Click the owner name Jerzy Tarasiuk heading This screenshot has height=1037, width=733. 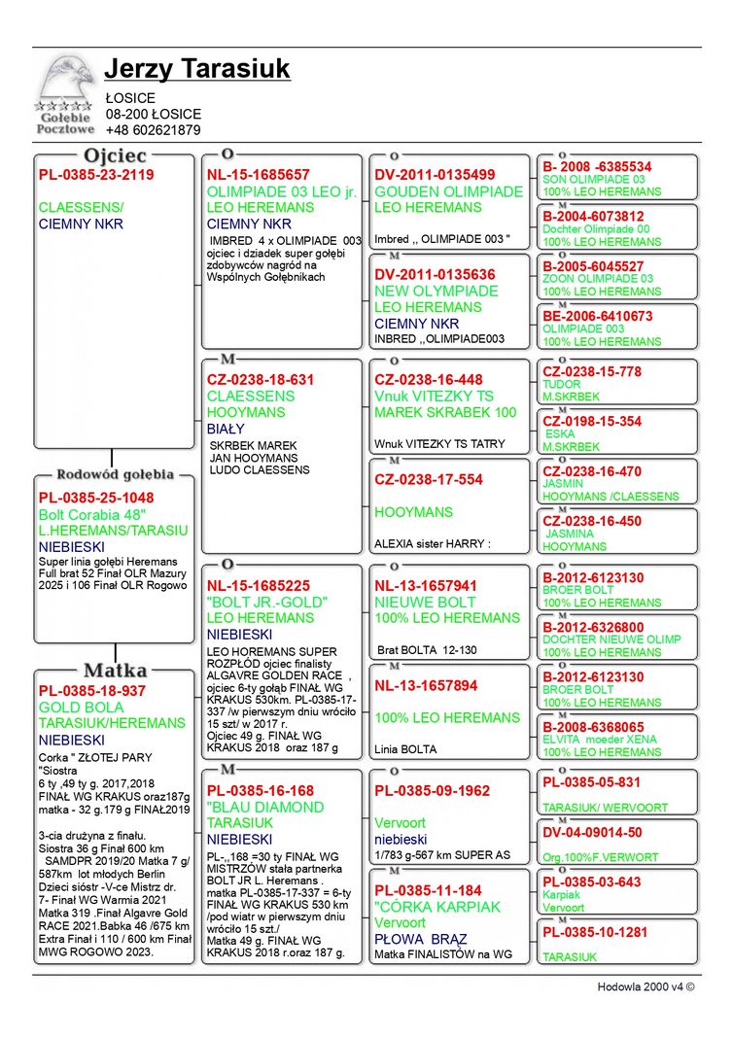pyautogui.click(x=196, y=70)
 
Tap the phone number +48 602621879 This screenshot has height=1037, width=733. pyautogui.click(x=153, y=130)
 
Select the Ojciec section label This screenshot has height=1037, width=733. pyautogui.click(x=115, y=156)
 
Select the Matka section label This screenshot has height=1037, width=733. pyautogui.click(x=115, y=671)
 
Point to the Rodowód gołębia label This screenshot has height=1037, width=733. pyautogui.click(x=115, y=474)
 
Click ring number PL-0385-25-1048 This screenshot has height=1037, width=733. pyautogui.click(x=96, y=498)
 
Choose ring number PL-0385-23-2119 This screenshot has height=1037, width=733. pyautogui.click(x=96, y=175)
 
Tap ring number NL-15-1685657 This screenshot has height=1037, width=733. pyautogui.click(x=259, y=175)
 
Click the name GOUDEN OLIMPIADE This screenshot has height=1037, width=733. pyautogui.click(x=448, y=191)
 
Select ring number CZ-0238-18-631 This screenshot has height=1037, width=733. pyautogui.click(x=261, y=380)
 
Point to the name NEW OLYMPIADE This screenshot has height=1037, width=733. pyautogui.click(x=436, y=291)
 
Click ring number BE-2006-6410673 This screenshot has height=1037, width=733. pyautogui.click(x=597, y=316)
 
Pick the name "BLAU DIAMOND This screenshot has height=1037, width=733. pyautogui.click(x=265, y=807)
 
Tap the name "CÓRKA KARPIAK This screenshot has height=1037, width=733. pyautogui.click(x=437, y=907)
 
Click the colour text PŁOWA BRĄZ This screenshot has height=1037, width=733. pyautogui.click(x=421, y=940)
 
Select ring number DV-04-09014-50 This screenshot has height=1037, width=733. pyautogui.click(x=592, y=833)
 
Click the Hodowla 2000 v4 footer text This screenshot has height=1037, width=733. pyautogui.click(x=646, y=986)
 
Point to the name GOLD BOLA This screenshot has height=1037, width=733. pyautogui.click(x=82, y=708)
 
